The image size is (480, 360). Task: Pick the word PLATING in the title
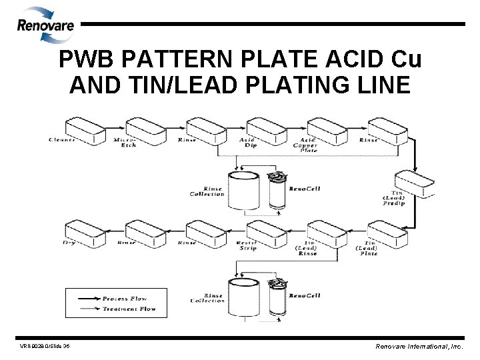pyautogui.click(x=287, y=87)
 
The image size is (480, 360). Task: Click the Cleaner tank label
pyautogui.click(x=62, y=140)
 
